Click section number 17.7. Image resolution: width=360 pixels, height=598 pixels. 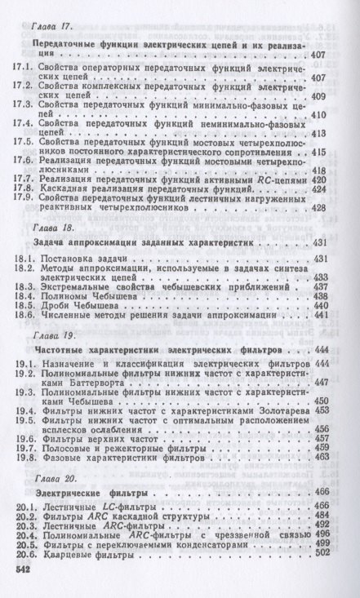point(27,178)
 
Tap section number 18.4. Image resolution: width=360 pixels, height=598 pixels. point(27,299)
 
